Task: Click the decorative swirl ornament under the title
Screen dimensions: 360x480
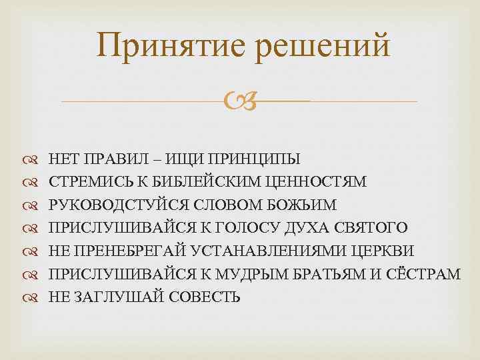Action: click(239, 102)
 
